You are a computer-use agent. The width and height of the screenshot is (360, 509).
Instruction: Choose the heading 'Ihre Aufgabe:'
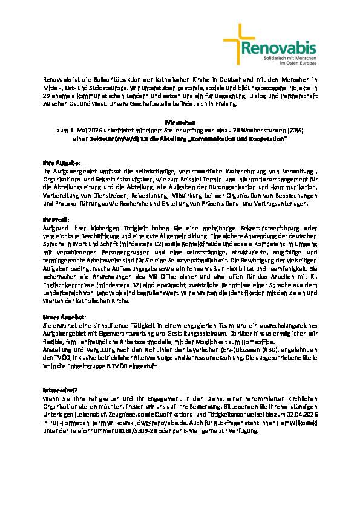tap(57, 163)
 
